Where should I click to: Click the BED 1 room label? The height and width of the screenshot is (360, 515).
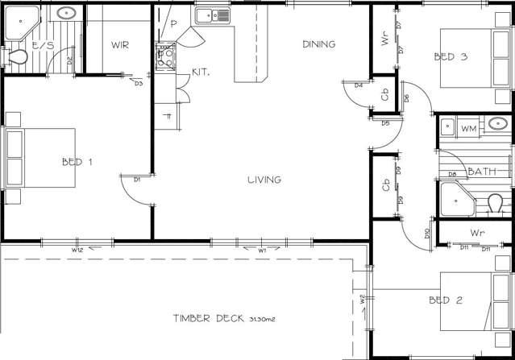pyautogui.click(x=77, y=162)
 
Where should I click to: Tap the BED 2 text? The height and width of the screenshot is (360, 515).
pyautogui.click(x=446, y=300)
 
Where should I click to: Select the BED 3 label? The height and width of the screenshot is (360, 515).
pyautogui.click(x=450, y=56)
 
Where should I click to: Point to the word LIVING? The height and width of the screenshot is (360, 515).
pyautogui.click(x=264, y=180)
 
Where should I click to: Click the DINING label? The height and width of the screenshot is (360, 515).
pyautogui.click(x=318, y=44)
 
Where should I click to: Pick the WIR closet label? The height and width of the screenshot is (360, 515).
pyautogui.click(x=120, y=45)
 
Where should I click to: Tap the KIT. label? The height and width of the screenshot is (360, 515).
pyautogui.click(x=201, y=72)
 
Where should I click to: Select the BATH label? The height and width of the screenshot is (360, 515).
pyautogui.click(x=482, y=172)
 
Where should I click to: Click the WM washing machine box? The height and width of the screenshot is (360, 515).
pyautogui.click(x=469, y=128)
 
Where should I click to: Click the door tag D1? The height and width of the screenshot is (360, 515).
pyautogui.click(x=138, y=180)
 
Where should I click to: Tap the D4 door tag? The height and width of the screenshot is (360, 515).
pyautogui.click(x=358, y=85)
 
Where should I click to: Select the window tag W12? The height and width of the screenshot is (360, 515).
pyautogui.click(x=78, y=250)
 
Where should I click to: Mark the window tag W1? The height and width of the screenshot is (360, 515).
pyautogui.click(x=262, y=250)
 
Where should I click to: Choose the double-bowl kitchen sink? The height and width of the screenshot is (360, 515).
pyautogui.click(x=212, y=14)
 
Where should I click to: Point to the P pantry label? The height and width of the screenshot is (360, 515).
pyautogui.click(x=174, y=25)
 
